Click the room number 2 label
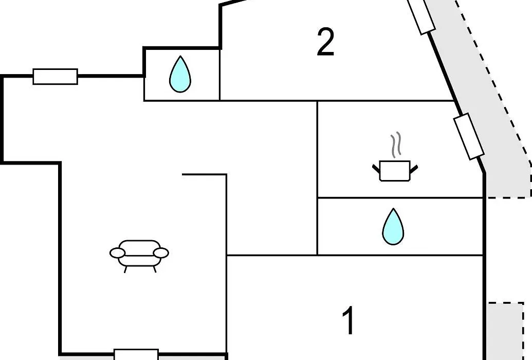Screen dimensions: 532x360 [326, 42]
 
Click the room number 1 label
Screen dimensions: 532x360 [349, 320]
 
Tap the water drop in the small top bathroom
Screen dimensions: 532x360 [180, 74]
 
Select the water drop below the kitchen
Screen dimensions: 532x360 [393, 226]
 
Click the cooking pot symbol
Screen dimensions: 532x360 [395, 171]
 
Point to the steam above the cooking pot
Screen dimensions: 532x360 [396, 145]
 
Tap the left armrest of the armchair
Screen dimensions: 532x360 [117, 253]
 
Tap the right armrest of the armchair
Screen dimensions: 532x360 [161, 253]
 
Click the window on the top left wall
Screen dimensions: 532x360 [56, 77]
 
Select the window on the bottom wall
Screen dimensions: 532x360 [136, 354]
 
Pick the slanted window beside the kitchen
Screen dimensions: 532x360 [469, 136]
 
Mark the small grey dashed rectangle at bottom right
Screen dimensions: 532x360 [506, 331]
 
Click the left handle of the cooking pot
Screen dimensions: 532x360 [376, 169]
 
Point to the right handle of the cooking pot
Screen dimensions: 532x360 [414, 169]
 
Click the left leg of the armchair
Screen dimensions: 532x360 [125, 269]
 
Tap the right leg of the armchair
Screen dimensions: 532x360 [155, 269]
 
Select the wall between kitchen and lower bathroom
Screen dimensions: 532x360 [400, 197]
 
